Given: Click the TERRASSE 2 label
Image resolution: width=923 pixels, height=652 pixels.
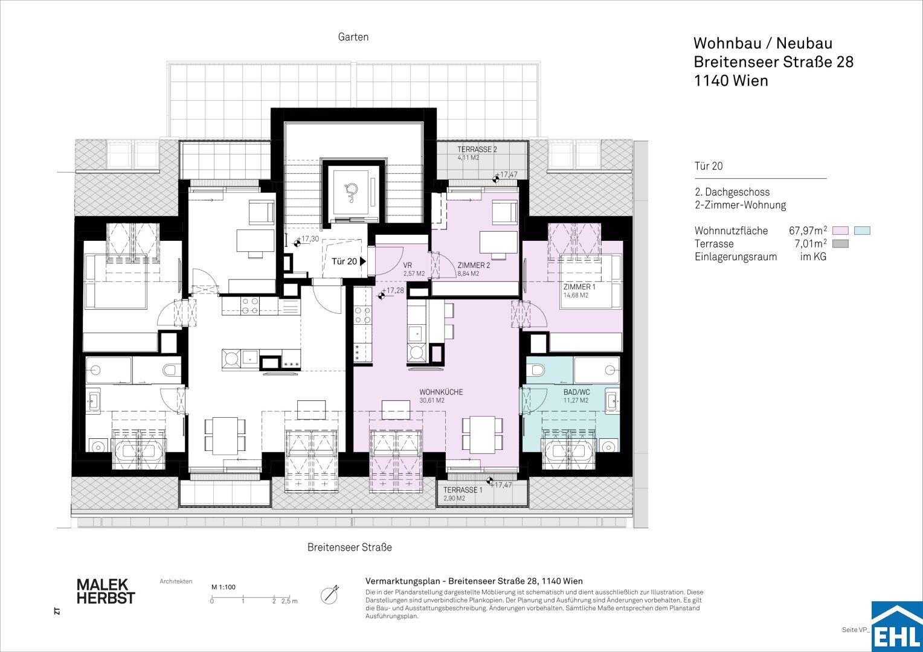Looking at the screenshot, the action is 477,150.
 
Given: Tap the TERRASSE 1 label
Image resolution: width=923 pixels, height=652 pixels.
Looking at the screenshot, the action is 462,490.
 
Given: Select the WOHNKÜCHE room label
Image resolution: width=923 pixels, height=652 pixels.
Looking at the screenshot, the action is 441,392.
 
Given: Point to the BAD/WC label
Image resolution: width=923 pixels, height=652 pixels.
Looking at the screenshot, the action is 576,392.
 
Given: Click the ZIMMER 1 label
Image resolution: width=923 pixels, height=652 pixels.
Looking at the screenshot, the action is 579,287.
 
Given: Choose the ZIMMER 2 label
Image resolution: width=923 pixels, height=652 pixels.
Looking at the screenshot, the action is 474,266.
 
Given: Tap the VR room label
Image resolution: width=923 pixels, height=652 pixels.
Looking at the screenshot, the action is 408,266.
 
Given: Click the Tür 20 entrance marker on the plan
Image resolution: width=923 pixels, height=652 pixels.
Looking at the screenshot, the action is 349,261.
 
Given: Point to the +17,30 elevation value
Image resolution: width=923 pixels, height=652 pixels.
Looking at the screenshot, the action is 309,239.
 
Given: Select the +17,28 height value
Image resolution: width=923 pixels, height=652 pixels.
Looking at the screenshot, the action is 394,291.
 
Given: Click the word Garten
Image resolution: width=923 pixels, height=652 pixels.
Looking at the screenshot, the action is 353,37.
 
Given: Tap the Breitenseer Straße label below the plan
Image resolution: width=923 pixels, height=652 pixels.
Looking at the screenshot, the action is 349,548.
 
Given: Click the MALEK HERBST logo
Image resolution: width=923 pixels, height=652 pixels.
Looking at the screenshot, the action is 106,592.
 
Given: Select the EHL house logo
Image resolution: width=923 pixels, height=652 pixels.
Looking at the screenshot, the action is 897,627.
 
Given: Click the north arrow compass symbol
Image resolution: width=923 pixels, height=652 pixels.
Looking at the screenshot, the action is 329,595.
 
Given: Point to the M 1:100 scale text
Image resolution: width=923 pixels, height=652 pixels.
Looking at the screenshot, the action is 224,587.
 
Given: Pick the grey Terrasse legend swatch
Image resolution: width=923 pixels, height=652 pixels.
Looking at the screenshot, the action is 840,244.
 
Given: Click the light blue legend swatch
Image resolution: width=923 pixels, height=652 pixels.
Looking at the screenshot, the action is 862,231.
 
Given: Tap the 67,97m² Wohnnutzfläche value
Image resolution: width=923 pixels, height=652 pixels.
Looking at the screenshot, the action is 808,230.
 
